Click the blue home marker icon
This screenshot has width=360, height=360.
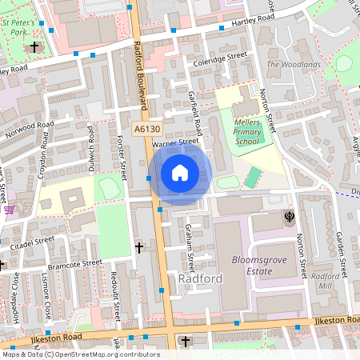pyautogui.click(x=180, y=172)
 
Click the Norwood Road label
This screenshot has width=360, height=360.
pyautogui.click(x=27, y=128)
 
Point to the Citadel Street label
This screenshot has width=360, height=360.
pyautogui.click(x=32, y=240)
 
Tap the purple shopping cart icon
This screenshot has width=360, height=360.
pyautogui.click(x=9, y=210)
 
